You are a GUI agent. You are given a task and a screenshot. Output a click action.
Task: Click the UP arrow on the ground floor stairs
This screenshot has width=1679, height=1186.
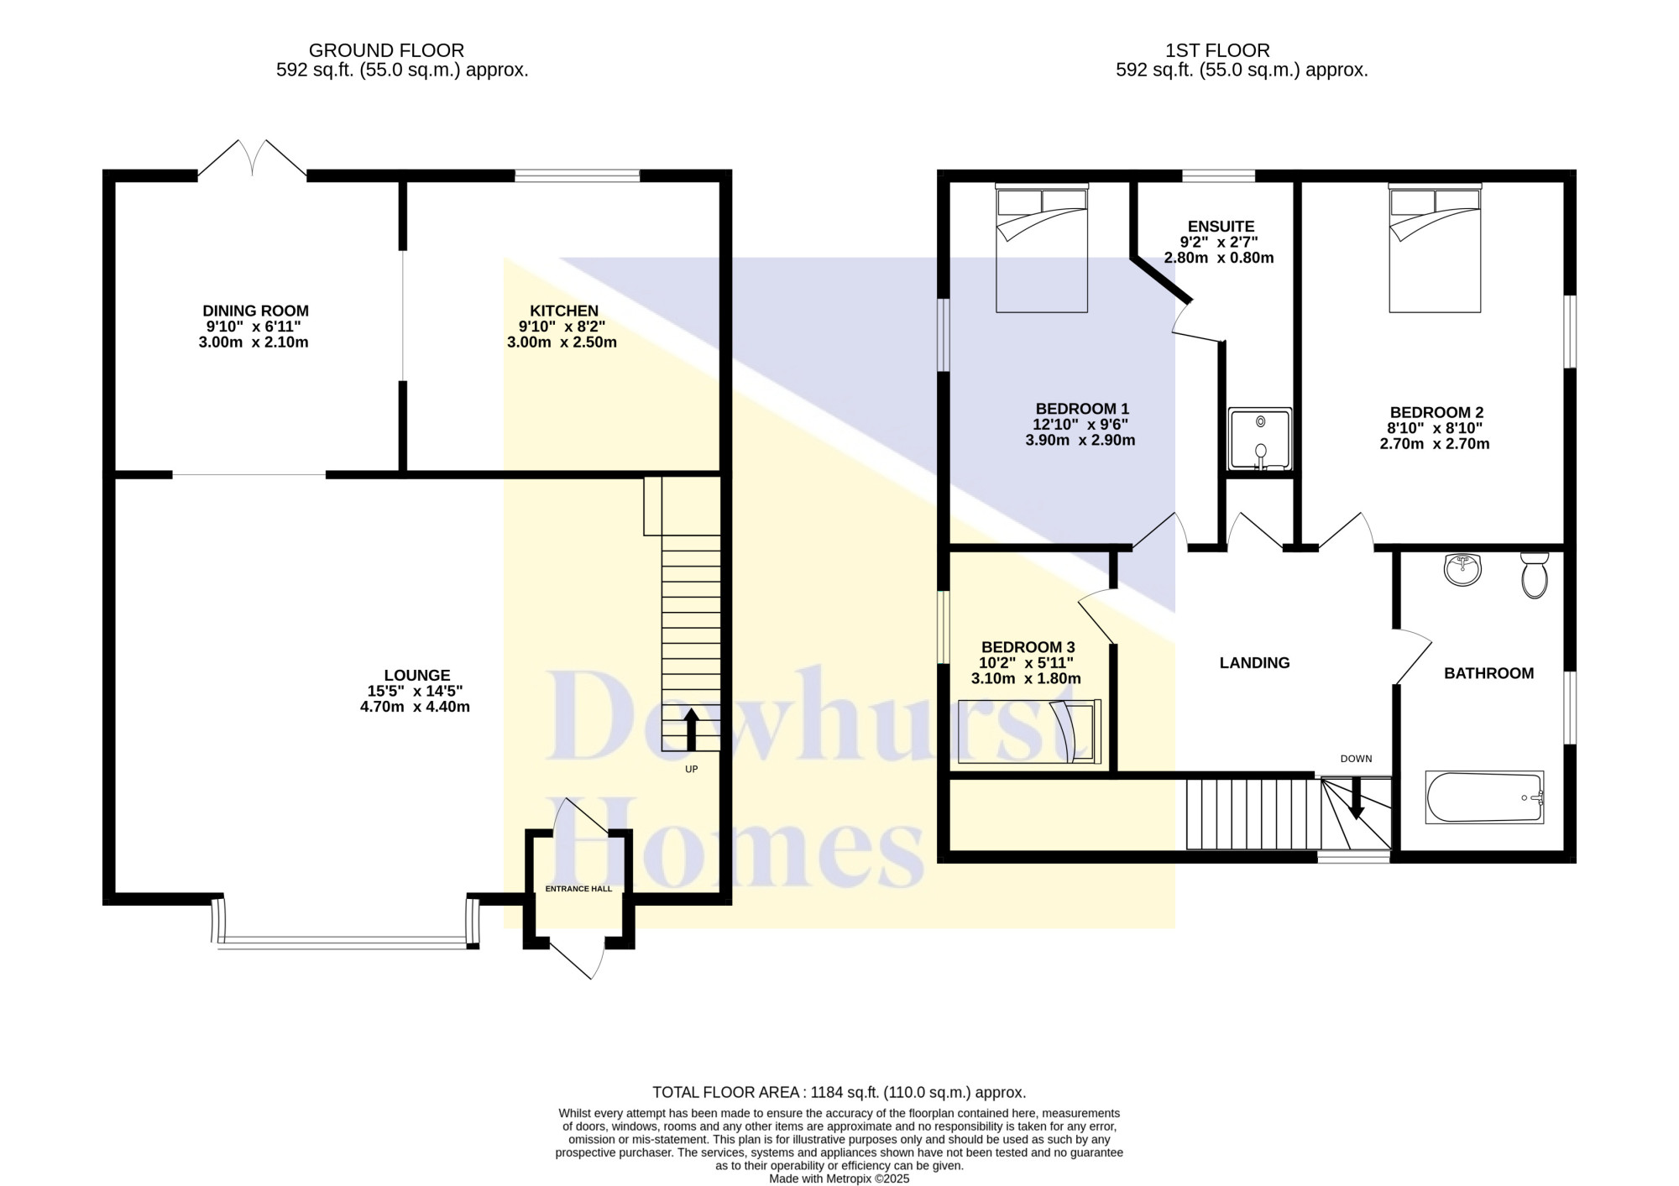pyautogui.click(x=692, y=729)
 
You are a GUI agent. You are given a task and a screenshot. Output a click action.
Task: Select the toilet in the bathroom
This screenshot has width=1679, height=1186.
pyautogui.click(x=1535, y=575)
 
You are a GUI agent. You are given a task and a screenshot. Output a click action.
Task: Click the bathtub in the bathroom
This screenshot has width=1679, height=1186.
pyautogui.click(x=1484, y=797)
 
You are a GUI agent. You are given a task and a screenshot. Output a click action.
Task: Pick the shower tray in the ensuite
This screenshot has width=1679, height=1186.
pyautogui.click(x=1260, y=439)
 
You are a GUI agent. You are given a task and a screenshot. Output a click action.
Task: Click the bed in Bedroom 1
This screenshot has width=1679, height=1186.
pyautogui.click(x=1042, y=248)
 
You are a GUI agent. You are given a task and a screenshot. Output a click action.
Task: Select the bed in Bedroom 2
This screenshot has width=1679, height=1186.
pyautogui.click(x=1435, y=248)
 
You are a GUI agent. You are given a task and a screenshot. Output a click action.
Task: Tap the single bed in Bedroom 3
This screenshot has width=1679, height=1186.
pyautogui.click(x=1029, y=731)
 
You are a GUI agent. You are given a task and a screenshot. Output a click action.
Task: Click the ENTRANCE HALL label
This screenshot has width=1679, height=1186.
pyautogui.click(x=578, y=889)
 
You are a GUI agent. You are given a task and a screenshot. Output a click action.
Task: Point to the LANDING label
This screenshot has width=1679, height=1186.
pyautogui.click(x=1254, y=663)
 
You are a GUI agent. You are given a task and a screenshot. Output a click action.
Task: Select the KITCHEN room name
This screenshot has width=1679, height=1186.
pyautogui.click(x=563, y=311)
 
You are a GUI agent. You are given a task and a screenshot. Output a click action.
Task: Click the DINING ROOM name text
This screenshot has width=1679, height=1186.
pyautogui.click(x=255, y=311)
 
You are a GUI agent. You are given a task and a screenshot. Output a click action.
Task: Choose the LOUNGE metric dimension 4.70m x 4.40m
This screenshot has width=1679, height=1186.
pyautogui.click(x=415, y=707)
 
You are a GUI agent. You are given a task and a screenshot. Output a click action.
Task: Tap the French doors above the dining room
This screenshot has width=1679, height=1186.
pyautogui.click(x=253, y=158)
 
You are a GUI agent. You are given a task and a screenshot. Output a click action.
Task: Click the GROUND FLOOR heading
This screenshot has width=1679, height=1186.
pyautogui.click(x=386, y=50)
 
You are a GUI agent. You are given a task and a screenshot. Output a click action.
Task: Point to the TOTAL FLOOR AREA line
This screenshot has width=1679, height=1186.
pyautogui.click(x=839, y=1093)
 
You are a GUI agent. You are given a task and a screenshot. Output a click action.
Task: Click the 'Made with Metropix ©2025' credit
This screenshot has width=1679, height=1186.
pyautogui.click(x=839, y=1178)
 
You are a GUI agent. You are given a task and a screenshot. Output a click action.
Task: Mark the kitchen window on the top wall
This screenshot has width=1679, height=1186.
pyautogui.click(x=577, y=175)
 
